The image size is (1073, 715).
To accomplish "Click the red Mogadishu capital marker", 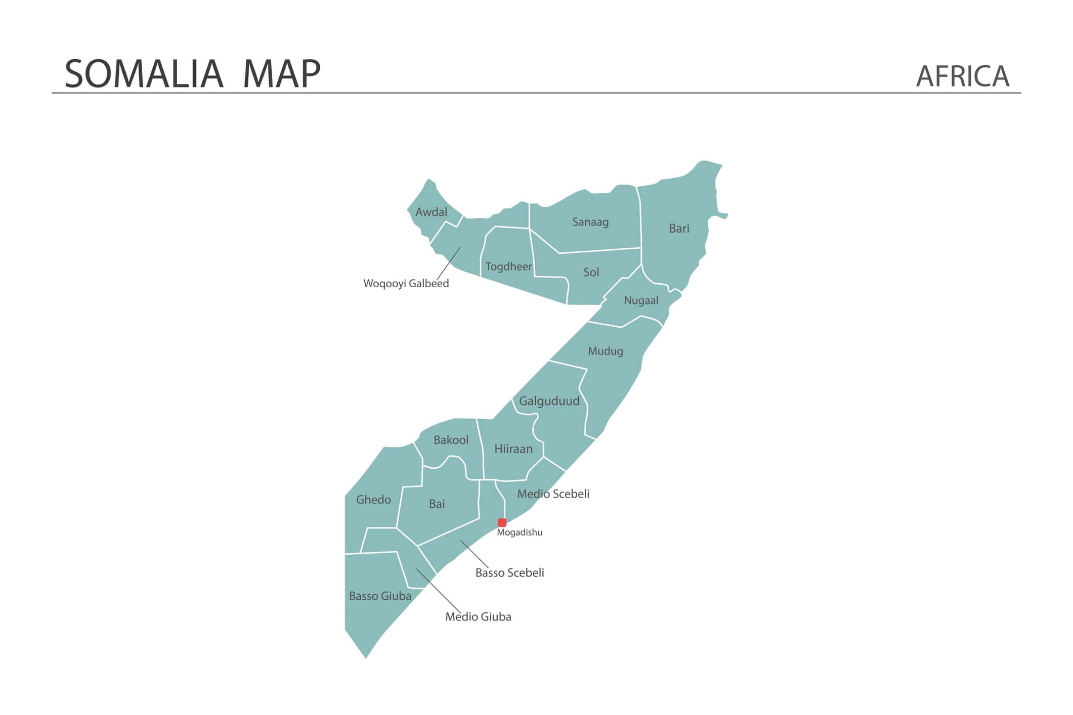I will coord(502,523).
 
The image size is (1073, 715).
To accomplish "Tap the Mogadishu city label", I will coord(520,532).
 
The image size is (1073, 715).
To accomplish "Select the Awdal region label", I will coord(431,212).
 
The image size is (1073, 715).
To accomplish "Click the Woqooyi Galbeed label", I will coord(406,284).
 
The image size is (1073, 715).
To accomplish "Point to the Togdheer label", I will coord(508,266).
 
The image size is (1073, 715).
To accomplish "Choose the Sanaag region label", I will coord(590,222).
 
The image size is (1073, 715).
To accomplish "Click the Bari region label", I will coord(679,229).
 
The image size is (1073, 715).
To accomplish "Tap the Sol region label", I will coord(591,273).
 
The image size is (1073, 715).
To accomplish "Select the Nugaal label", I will coord(641,300).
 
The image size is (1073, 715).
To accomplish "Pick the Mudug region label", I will coord(605,351).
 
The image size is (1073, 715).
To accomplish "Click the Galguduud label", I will coord(549,401).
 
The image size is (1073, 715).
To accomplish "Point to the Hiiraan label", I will coord(513,449).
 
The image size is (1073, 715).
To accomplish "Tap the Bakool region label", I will coord(451,440).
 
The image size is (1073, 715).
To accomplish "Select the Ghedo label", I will coord(373,500).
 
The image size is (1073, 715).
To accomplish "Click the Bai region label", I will coord(437,504).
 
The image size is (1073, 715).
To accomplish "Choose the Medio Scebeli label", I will coord(553,494).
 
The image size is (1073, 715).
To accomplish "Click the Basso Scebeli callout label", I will coord(509,573).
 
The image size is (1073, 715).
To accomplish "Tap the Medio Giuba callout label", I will coord(478,617).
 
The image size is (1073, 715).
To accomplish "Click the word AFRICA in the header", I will coord(962,76).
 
